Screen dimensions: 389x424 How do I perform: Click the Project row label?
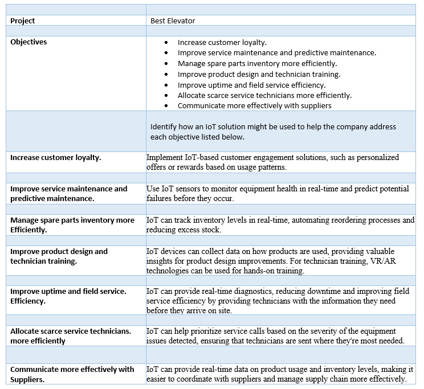22,21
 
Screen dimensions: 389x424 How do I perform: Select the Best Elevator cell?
173,21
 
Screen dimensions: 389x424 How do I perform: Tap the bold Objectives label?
28,42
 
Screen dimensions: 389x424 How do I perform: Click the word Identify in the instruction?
164,126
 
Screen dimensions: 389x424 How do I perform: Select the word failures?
160,198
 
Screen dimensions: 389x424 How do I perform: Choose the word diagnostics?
251,291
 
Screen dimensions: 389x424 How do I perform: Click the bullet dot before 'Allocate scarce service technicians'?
166,95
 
